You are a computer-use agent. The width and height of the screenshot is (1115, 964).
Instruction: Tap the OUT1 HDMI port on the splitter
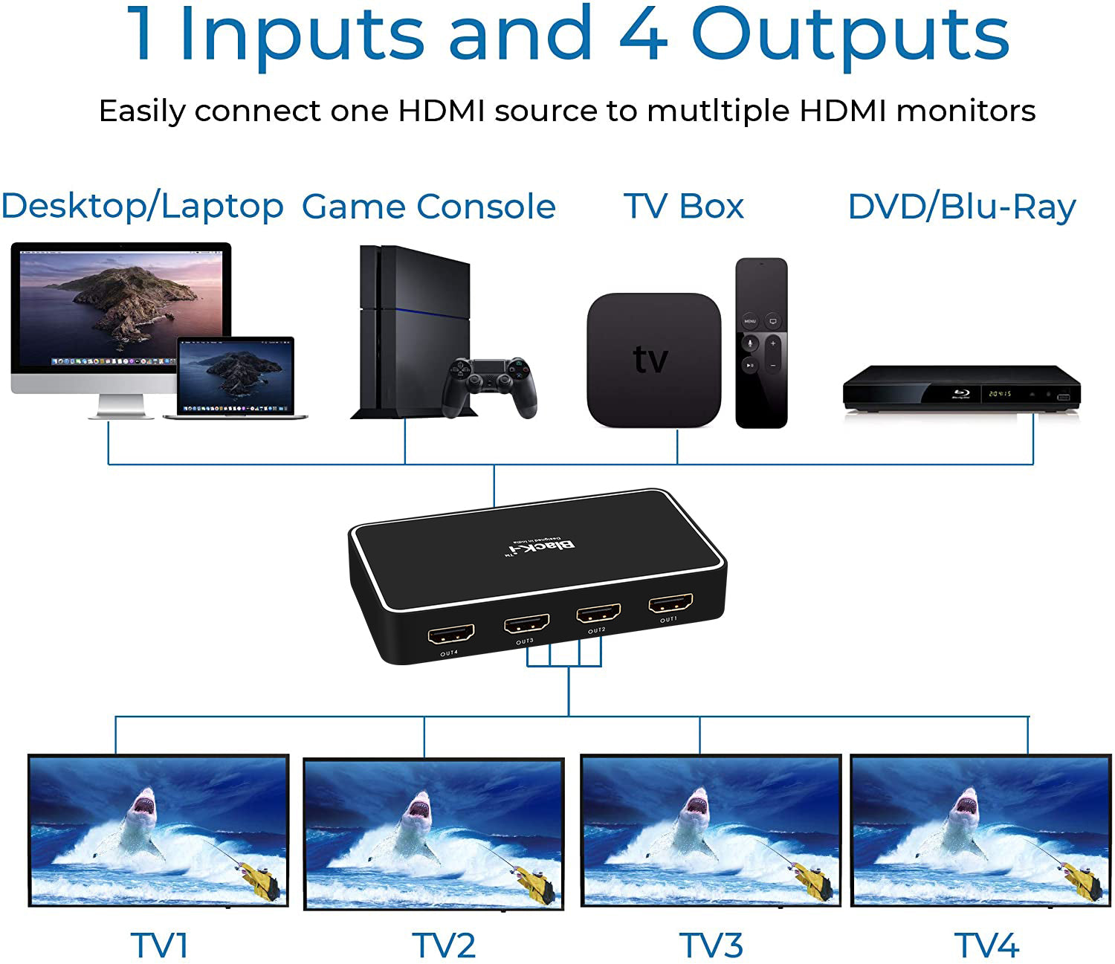(670, 603)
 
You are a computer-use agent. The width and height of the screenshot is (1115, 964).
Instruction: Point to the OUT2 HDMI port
(598, 614)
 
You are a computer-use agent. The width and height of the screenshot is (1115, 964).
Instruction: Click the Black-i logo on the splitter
(540, 548)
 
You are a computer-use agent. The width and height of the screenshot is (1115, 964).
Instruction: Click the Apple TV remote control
(761, 343)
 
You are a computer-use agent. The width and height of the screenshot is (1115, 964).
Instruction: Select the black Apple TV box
(653, 359)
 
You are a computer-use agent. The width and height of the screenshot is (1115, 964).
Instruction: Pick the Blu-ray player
(961, 387)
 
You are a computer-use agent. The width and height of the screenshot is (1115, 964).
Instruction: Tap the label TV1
(160, 945)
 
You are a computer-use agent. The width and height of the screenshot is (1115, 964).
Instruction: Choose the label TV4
(986, 945)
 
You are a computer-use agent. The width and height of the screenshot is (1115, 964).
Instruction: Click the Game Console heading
(429, 207)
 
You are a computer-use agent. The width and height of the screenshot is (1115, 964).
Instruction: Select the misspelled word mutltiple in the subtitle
(718, 111)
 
